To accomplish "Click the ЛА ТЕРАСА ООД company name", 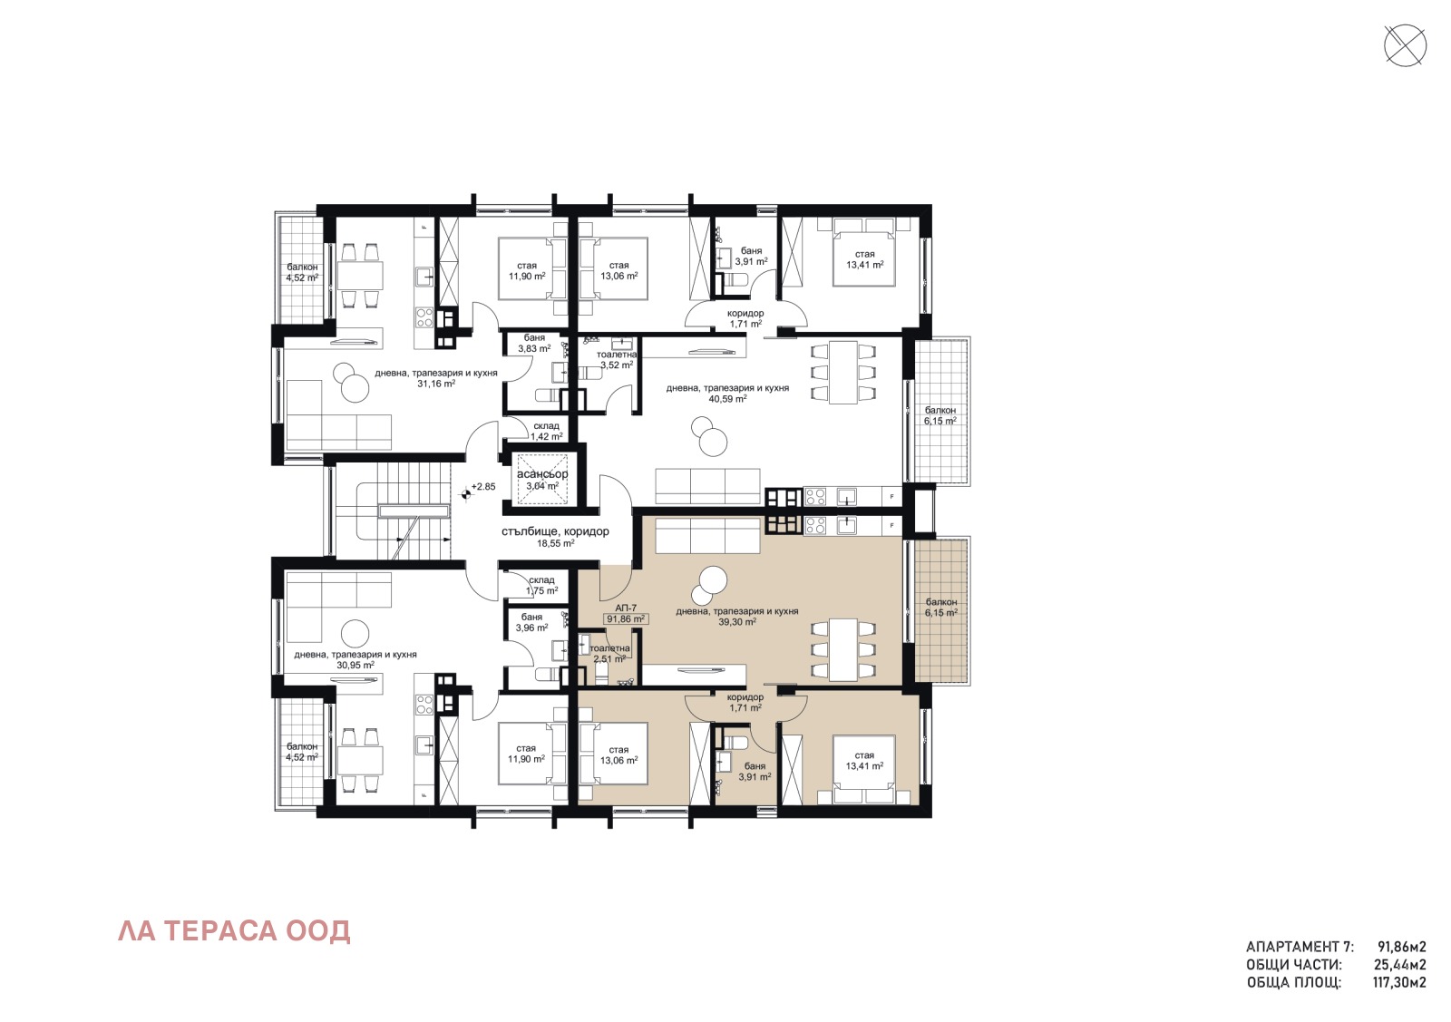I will [234, 931].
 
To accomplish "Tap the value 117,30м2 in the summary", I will [1399, 982].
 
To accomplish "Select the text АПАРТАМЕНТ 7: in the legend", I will [1300, 947].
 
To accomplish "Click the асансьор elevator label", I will [542, 474].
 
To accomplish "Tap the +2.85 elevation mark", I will [483, 487].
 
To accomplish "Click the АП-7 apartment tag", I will [626, 608].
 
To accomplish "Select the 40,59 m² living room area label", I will [727, 398].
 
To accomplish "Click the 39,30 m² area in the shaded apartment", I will [737, 622].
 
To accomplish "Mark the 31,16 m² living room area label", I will [435, 384].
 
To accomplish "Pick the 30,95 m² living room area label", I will [355, 665].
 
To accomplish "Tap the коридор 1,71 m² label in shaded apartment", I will [745, 703].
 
